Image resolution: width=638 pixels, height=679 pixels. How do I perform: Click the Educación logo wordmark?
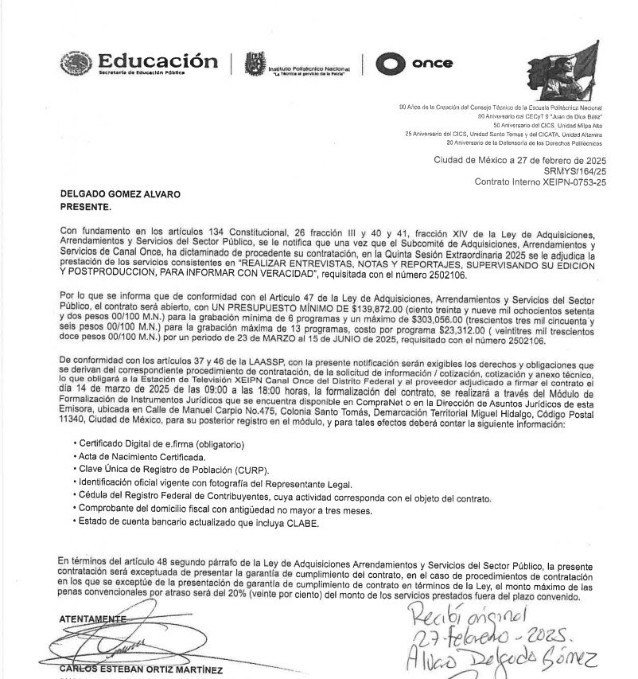pos(157,62)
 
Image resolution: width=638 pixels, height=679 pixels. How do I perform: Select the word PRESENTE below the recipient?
pos(85,205)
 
